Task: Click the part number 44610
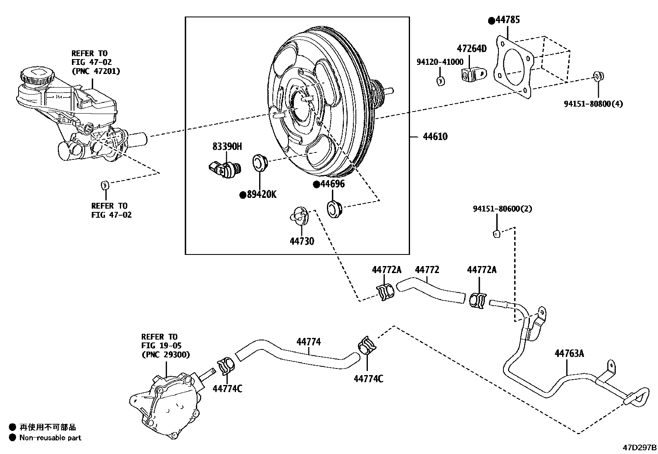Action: [x=435, y=137]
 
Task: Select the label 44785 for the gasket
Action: [x=508, y=20]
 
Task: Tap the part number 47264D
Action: [x=472, y=48]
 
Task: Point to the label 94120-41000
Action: [x=440, y=62]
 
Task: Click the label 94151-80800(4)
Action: [x=593, y=104]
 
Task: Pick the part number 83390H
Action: [x=227, y=146]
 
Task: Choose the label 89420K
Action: [x=262, y=194]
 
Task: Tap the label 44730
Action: [x=302, y=241]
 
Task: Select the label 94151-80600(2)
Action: [x=502, y=209]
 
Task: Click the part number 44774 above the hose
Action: [x=308, y=342]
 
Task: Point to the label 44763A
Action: [x=569, y=354]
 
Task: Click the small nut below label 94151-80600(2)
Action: [x=497, y=234]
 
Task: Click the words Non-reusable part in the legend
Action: [x=50, y=438]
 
